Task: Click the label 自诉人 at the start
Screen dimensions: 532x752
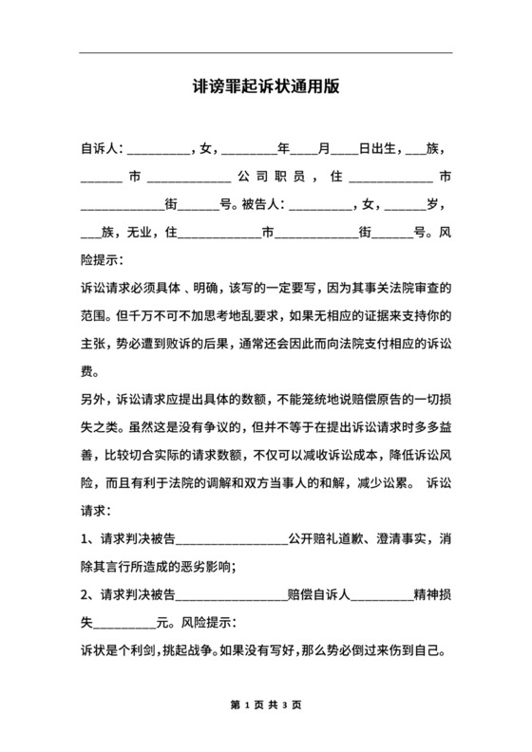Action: (100, 149)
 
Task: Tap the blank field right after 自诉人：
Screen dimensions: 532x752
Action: (158, 149)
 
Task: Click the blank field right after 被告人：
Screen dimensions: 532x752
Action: (318, 204)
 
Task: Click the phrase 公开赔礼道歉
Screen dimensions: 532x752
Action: (326, 540)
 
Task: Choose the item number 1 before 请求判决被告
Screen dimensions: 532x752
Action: (85, 540)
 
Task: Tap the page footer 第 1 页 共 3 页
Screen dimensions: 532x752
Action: (266, 706)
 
